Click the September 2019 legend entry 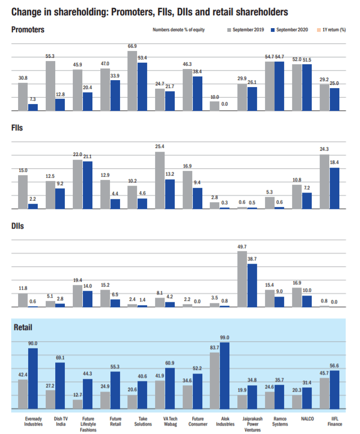tap(247, 30)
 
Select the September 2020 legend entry tap(289, 30)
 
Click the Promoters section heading tap(28, 29)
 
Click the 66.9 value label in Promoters tap(132, 46)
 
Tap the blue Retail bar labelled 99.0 tap(225, 376)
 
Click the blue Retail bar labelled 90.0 tap(33, 379)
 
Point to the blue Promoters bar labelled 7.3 tap(33, 107)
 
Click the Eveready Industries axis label tap(33, 421)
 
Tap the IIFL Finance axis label tap(335, 421)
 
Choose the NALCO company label tap(307, 419)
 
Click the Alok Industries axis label tap(225, 421)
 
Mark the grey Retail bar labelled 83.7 tap(215, 381)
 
